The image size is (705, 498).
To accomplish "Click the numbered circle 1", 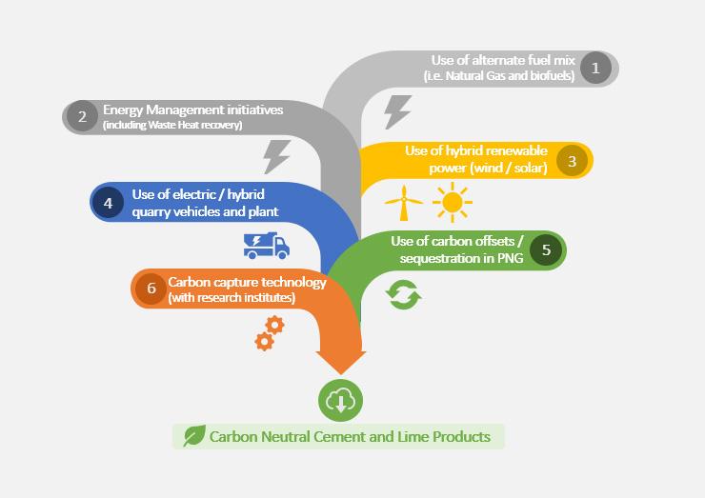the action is [595, 68].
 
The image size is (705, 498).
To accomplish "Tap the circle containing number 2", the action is [83, 117].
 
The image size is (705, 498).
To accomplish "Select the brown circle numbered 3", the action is [572, 160].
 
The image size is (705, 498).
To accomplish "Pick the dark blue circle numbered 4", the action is [109, 203].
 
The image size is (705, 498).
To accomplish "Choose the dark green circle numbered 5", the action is [545, 250].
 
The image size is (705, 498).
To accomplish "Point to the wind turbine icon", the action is [403, 202].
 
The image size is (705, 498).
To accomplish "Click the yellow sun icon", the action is [452, 201].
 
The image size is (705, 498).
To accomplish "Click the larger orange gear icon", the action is [274, 325].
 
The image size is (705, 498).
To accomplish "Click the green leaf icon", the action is [193, 437].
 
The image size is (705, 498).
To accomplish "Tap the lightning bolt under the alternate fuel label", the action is [396, 110].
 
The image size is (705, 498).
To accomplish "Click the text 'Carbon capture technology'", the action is [247, 282].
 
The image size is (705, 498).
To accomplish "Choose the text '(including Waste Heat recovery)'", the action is [173, 126].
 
